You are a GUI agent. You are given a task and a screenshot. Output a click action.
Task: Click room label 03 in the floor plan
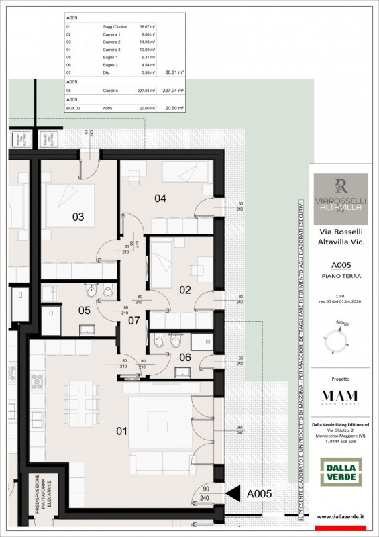(78, 217)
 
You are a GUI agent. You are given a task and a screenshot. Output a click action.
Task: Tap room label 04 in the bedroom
(160, 198)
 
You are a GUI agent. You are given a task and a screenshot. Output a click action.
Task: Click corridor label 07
(134, 321)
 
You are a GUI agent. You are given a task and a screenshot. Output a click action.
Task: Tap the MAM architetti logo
(339, 397)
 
